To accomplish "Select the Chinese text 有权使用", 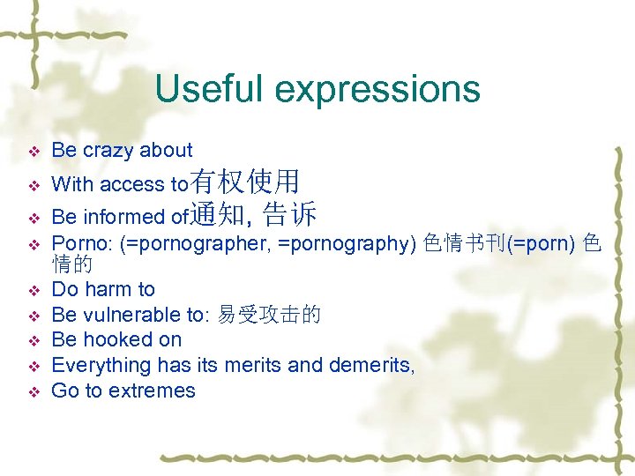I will click(244, 182).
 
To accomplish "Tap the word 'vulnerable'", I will click(133, 315).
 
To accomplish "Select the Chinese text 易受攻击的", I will click(269, 315).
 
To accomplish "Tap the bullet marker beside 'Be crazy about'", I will click(34, 152).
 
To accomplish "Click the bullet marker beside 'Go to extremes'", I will click(34, 391).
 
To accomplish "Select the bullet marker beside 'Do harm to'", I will click(34, 290).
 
